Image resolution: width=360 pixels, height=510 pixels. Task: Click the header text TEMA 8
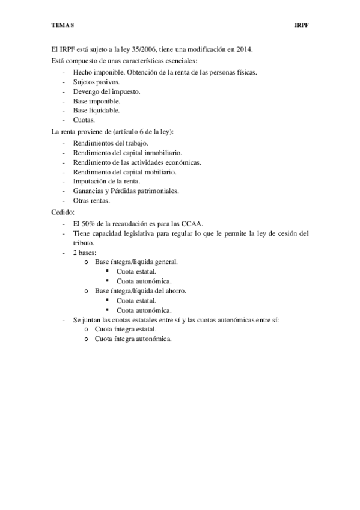tap(63, 26)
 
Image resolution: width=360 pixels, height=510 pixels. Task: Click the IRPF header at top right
tap(302, 26)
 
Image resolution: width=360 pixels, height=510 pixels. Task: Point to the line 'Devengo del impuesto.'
tap(106, 91)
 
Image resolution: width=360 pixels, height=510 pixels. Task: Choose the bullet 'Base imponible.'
tap(96, 100)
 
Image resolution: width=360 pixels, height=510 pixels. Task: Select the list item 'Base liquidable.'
tap(96, 110)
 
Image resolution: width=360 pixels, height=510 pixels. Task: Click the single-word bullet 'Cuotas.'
tap(84, 120)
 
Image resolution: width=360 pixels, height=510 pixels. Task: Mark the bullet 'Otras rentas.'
tap(91, 200)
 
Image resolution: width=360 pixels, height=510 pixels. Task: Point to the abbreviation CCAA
tap(193, 223)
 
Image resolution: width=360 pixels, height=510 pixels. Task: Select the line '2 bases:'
tap(84, 252)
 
